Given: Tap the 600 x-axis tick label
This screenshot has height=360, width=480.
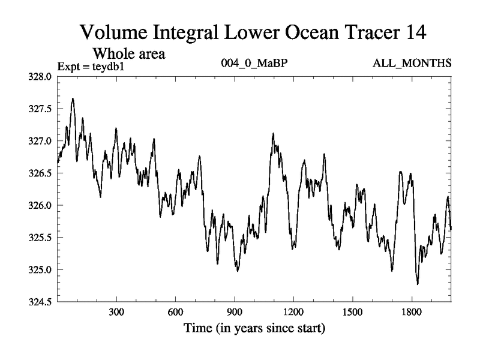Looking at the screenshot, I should coord(175,313).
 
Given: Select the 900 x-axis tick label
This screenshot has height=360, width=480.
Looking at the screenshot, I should coord(235,313).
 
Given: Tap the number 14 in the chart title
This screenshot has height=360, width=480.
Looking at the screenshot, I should coord(413,32).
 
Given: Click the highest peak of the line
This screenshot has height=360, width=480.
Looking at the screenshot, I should coord(73,98).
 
